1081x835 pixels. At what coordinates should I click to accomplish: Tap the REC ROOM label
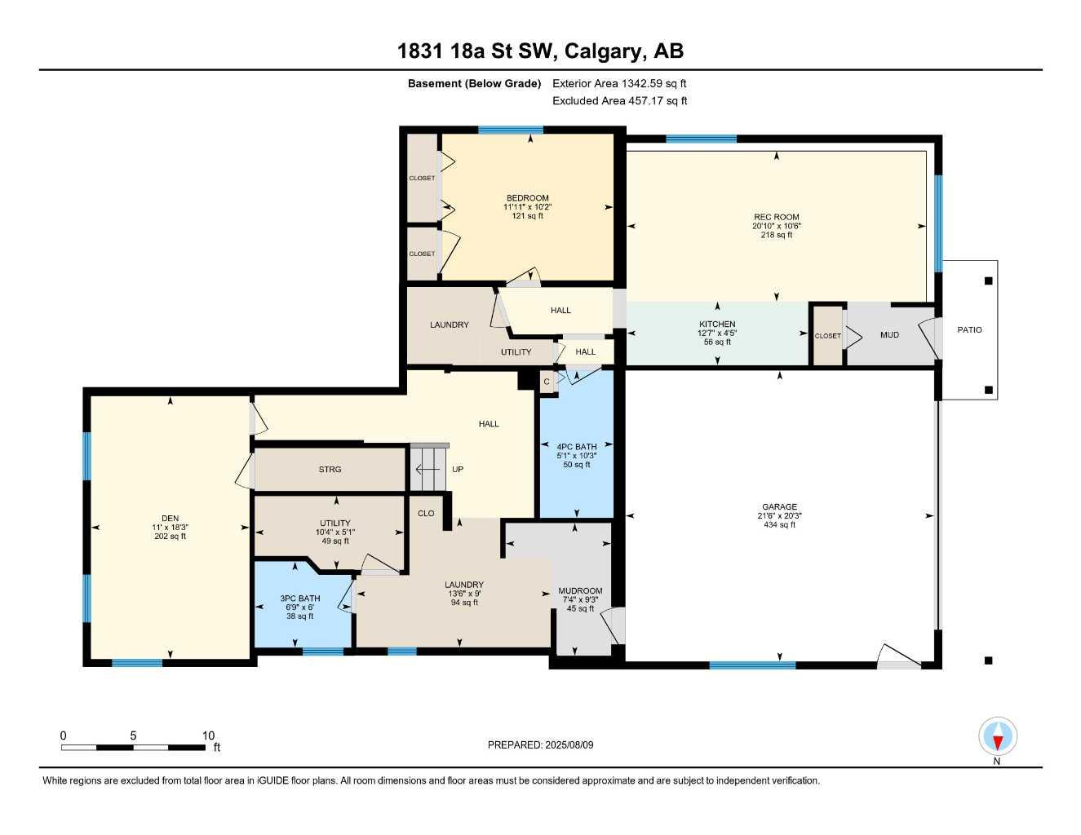tap(776, 217)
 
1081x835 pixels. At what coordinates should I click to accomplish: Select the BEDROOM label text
tap(527, 198)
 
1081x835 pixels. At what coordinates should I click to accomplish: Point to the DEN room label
tap(170, 518)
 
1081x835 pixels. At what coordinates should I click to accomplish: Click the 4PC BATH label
tap(576, 447)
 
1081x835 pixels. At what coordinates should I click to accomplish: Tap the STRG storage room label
tap(330, 469)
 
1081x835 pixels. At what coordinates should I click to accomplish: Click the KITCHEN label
tap(716, 324)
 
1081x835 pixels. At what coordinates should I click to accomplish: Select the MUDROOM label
tap(580, 591)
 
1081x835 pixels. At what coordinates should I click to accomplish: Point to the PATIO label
tap(969, 329)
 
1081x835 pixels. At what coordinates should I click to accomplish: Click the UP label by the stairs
tap(458, 470)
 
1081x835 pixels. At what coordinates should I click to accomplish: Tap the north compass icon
tap(997, 737)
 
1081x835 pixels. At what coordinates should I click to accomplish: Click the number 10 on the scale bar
tap(208, 736)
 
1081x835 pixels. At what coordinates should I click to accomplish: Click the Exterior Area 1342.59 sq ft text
tap(619, 83)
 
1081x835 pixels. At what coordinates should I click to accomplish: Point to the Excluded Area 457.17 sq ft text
tap(619, 101)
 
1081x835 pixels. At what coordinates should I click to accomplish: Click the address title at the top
tap(540, 51)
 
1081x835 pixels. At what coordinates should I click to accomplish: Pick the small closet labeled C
tap(547, 381)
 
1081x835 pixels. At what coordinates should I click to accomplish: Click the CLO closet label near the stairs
tap(426, 513)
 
